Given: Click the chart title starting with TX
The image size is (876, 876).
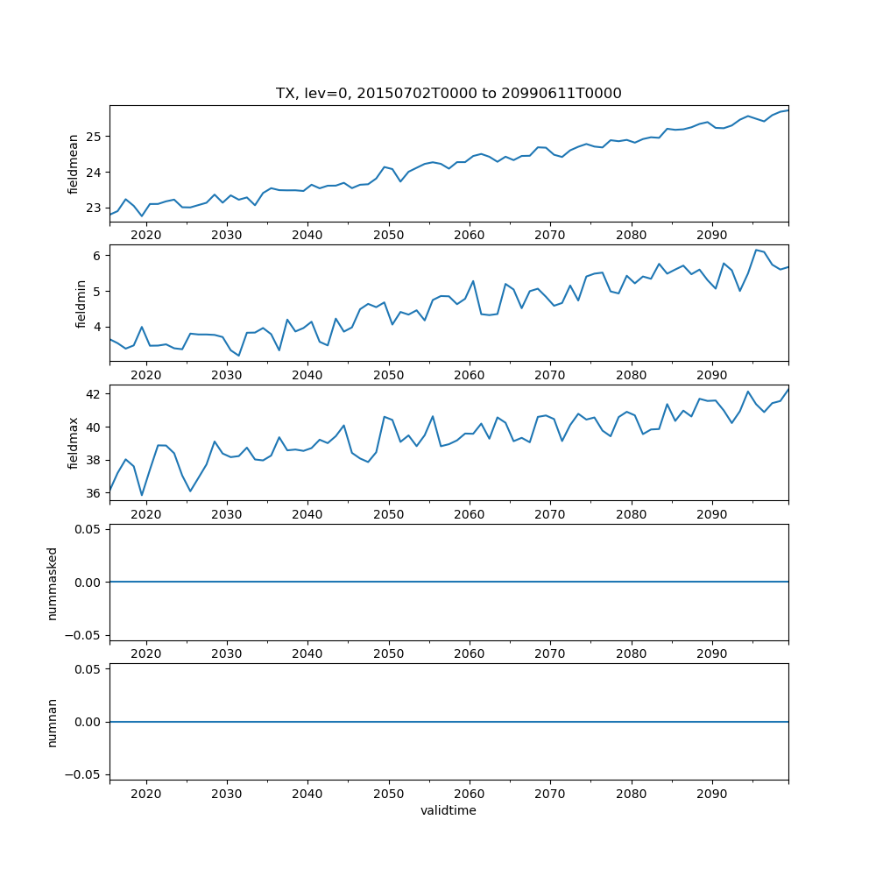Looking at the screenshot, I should point(449,94).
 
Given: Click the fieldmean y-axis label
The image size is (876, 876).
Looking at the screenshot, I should point(74,164).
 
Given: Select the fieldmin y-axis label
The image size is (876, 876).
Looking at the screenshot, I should point(81,303).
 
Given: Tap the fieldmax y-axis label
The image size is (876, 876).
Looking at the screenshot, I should point(74,443).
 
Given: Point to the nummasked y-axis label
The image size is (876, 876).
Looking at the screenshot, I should point(53,583).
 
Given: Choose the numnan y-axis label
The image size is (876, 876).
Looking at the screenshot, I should point(53,722).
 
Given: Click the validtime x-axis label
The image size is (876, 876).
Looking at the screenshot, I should point(449,810).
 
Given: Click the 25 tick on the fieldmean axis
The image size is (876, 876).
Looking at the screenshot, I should point(94,137).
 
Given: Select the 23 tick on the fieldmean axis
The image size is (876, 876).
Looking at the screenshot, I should point(94,208).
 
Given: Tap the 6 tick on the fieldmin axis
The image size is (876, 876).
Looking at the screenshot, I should point(98,256).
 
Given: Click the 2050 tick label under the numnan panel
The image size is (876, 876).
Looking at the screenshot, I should point(388,794).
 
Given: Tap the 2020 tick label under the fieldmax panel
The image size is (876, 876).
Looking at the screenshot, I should point(146,515).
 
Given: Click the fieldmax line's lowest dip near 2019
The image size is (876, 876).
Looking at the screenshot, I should point(142,495).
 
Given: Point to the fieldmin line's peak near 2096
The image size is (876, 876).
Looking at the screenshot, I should point(756,250).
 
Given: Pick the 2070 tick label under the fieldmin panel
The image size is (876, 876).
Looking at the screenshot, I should point(550,375).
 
